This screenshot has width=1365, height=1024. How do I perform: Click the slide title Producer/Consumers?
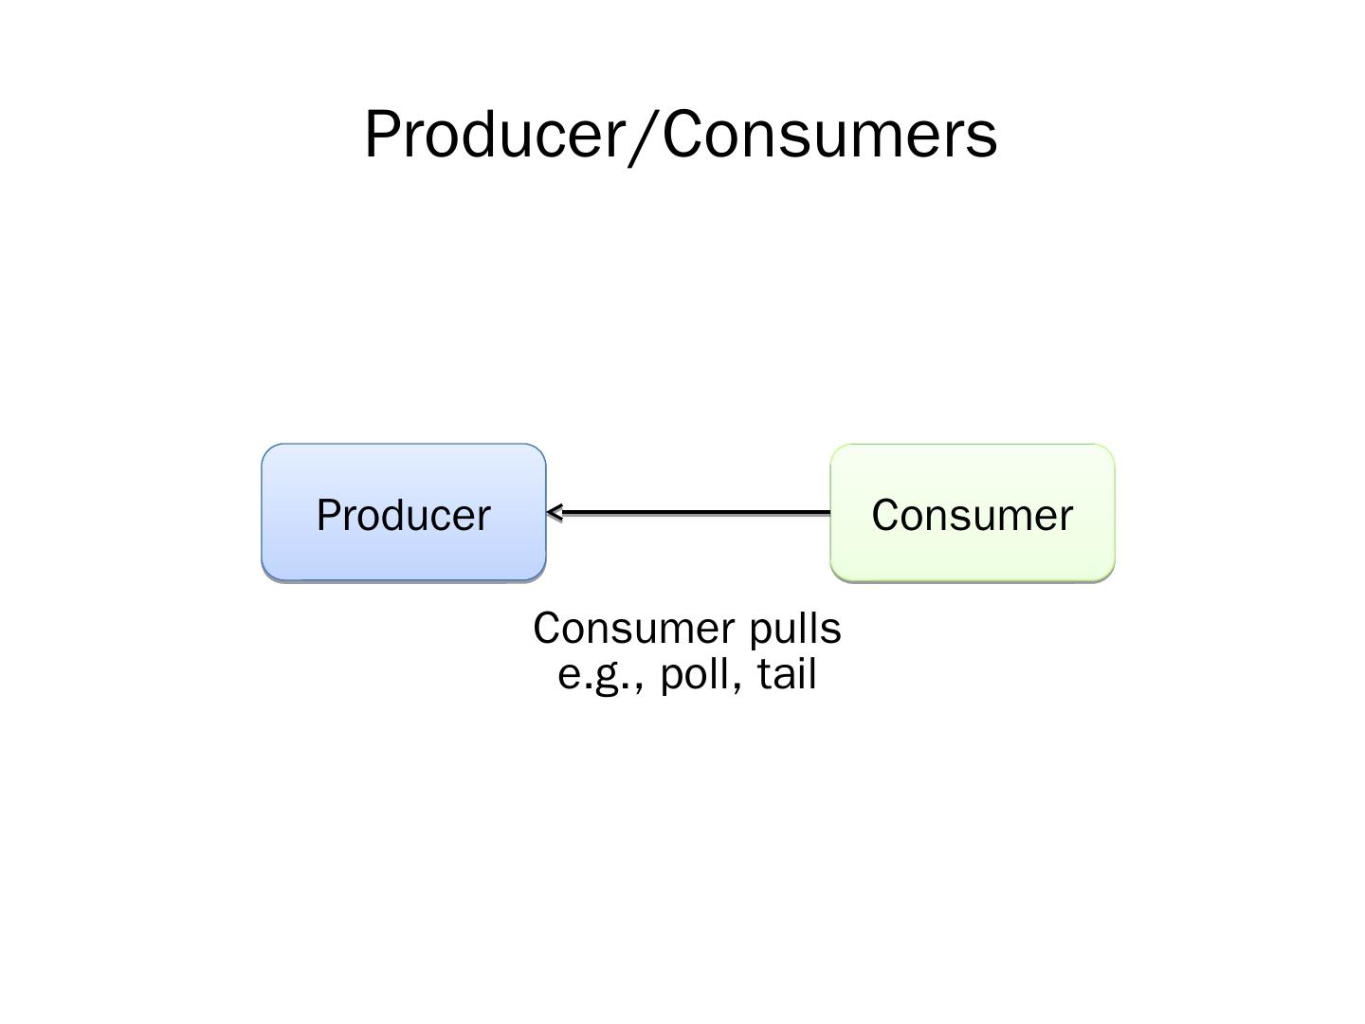681,134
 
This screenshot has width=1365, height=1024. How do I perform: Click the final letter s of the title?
984,139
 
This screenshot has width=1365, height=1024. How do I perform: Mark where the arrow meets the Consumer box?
829,513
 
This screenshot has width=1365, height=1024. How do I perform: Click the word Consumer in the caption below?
633,629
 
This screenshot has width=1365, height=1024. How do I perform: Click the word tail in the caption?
787,674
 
